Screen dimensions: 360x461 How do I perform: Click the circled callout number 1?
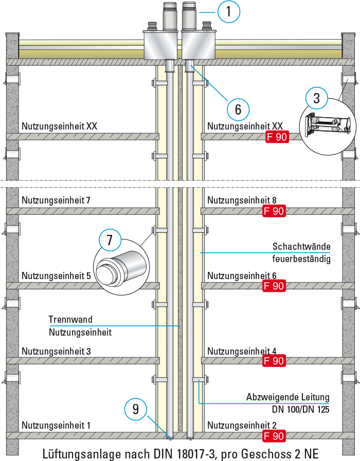[x=229, y=11]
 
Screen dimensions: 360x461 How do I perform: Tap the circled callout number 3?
[x=316, y=98]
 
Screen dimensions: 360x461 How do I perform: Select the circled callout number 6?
[x=238, y=109]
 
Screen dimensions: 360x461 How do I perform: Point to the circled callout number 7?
[x=110, y=240]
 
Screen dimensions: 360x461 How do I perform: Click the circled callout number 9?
[x=136, y=409]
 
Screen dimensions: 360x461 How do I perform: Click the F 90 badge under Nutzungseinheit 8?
[x=274, y=211]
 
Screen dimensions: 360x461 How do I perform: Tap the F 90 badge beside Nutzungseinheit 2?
[x=274, y=436]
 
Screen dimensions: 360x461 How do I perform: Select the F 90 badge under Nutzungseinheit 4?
[x=274, y=361]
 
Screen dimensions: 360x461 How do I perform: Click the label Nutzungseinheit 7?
[x=56, y=200]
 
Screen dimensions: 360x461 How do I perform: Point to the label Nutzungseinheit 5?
[x=56, y=276]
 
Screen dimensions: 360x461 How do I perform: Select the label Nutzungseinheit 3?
[x=56, y=351]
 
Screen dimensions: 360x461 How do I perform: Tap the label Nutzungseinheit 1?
[x=56, y=425]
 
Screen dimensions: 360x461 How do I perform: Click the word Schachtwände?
[x=301, y=246]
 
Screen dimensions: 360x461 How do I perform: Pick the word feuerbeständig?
[x=301, y=259]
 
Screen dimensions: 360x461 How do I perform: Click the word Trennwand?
[x=70, y=319]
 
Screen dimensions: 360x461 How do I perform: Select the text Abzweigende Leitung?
[x=288, y=397]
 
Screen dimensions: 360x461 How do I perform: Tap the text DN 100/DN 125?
[x=300, y=409]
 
